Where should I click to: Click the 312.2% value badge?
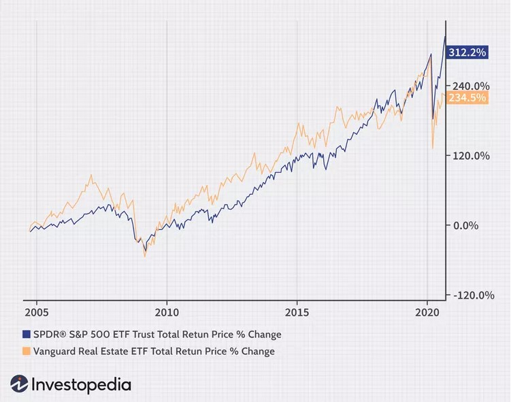pos(467,52)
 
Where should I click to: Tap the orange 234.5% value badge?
pos(467,98)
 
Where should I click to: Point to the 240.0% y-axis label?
pos(470,86)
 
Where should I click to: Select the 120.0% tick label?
pos(472,155)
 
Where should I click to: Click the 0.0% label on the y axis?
pos(467,225)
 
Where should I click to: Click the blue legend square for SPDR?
pos(27,335)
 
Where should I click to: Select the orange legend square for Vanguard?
pos(27,351)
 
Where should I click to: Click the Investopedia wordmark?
pos(81,384)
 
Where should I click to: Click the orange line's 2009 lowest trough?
pos(145,256)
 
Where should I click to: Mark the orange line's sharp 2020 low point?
pos(433,148)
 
